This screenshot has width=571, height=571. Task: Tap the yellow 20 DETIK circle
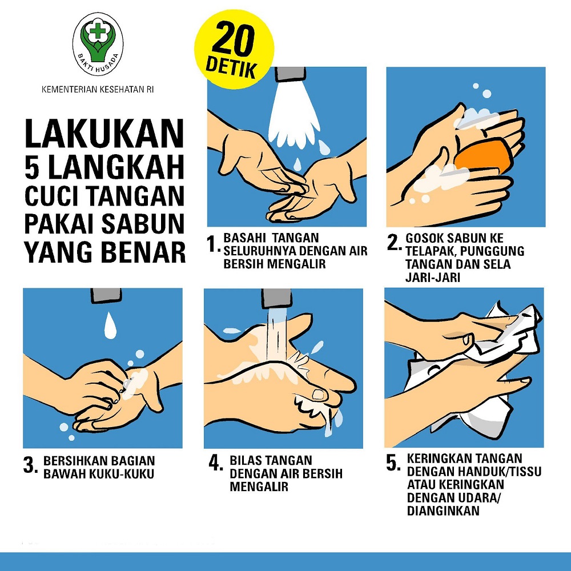233,50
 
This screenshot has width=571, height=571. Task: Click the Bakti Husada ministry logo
98,44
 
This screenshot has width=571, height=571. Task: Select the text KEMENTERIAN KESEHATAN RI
98,89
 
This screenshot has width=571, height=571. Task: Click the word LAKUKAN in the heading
104,133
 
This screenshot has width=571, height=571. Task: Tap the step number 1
212,244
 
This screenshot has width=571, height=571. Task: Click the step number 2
394,242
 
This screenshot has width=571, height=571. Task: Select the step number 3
30,465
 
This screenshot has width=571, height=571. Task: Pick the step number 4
216,463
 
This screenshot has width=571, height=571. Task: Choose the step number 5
393,463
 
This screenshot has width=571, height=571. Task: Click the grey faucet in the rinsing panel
276,299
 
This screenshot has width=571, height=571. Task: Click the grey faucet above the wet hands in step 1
290,74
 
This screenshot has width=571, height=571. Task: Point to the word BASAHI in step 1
245,238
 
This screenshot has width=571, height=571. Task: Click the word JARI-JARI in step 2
433,278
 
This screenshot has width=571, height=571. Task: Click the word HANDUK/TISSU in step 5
500,471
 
